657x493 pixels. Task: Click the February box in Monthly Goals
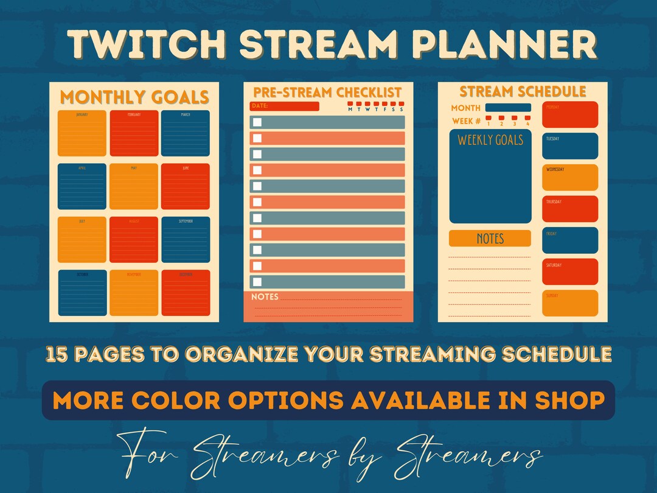click(134, 133)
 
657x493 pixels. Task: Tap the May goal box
click(134, 186)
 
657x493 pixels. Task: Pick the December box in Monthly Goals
click(186, 293)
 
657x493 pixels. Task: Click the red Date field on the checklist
click(285, 107)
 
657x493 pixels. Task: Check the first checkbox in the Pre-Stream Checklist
click(257, 122)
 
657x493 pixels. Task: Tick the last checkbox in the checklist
click(257, 282)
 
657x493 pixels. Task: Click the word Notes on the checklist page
click(265, 297)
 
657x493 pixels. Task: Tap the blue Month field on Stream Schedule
click(508, 108)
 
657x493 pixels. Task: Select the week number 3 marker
click(514, 119)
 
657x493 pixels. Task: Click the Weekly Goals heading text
click(490, 140)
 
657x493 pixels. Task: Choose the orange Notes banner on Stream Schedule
click(490, 239)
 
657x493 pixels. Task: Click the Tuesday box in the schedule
click(570, 146)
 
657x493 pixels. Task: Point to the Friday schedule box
click(570, 240)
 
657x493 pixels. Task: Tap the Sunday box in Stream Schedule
click(570, 303)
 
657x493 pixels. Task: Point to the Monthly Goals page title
click(134, 97)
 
